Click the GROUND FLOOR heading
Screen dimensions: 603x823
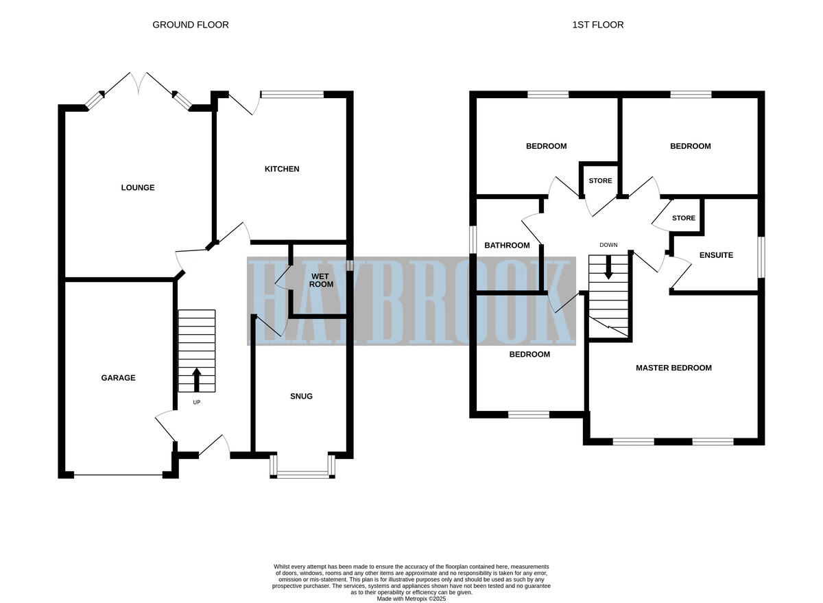click(190, 25)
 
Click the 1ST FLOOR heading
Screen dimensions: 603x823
click(597, 25)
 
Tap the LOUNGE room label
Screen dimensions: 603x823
click(138, 187)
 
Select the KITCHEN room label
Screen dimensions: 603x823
click(282, 169)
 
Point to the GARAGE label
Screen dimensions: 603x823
click(118, 377)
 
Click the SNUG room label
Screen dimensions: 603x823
click(301, 396)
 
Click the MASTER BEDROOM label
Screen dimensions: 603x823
click(673, 368)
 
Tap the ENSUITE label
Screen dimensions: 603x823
click(716, 255)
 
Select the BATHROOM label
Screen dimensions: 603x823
click(507, 245)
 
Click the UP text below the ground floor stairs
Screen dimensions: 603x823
click(197, 402)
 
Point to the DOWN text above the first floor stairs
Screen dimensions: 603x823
click(608, 245)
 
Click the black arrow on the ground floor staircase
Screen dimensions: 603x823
click(197, 379)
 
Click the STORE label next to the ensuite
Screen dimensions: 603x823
click(683, 218)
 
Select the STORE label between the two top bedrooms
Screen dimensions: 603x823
click(600, 181)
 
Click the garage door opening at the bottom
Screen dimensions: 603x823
click(118, 475)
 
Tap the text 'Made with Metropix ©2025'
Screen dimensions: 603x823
click(411, 598)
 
